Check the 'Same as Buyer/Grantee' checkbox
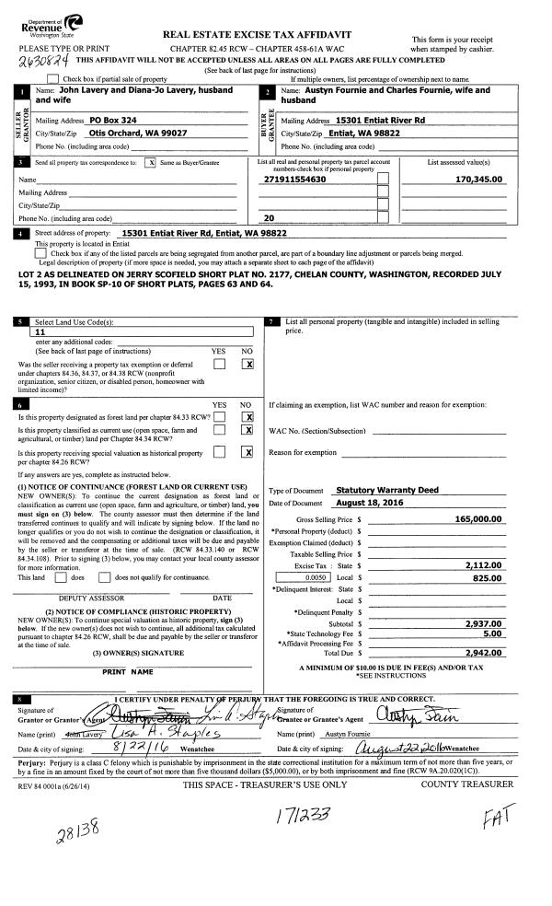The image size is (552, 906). point(151,162)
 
